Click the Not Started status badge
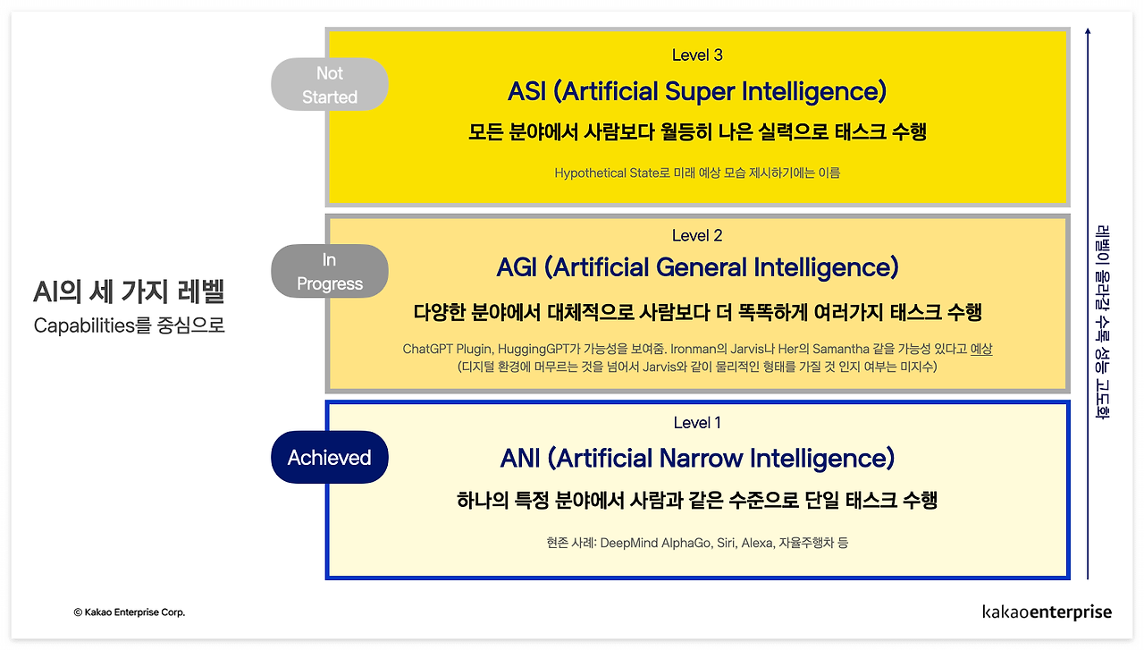pyautogui.click(x=330, y=85)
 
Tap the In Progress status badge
pyautogui.click(x=330, y=272)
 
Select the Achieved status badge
pyautogui.click(x=330, y=458)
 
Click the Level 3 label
pyautogui.click(x=697, y=55)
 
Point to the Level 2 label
pyautogui.click(x=697, y=236)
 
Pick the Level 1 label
pyautogui.click(x=697, y=423)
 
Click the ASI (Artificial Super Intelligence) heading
pyautogui.click(x=697, y=91)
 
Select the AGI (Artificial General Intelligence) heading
pyautogui.click(x=697, y=267)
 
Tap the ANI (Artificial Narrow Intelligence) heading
pyautogui.click(x=697, y=459)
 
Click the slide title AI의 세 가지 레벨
pyautogui.click(x=129, y=292)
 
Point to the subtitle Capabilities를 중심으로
pyautogui.click(x=129, y=325)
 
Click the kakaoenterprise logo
pyautogui.click(x=1047, y=612)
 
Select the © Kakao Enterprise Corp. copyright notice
pyautogui.click(x=130, y=612)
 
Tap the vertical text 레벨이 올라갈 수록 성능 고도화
pyautogui.click(x=1102, y=321)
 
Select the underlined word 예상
pyautogui.click(x=981, y=350)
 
